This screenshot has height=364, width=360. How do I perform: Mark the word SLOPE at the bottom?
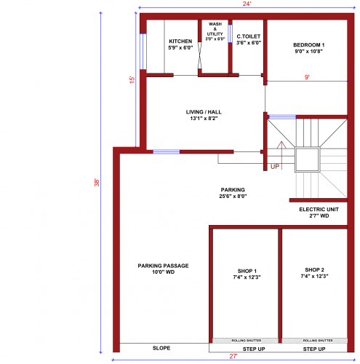click(x=161, y=348)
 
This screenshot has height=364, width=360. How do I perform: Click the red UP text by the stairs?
click(x=275, y=167)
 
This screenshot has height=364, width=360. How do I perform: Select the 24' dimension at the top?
click(x=247, y=5)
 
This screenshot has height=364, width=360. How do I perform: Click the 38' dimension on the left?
click(x=97, y=183)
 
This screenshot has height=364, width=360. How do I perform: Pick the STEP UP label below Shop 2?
click(x=314, y=349)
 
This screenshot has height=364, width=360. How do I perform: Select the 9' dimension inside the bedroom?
click(x=308, y=76)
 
